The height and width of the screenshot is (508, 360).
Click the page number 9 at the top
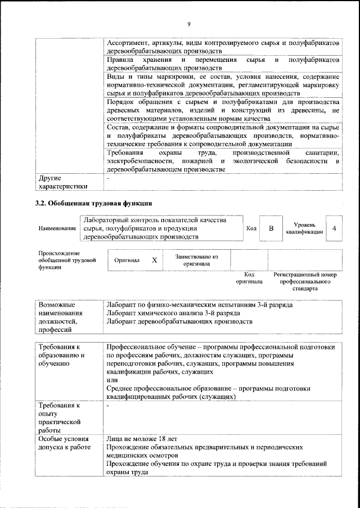[189, 23]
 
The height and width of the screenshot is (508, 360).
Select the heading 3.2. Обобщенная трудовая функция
[93, 203]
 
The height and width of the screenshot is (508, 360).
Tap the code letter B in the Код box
[271, 228]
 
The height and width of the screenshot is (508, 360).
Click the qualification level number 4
[334, 228]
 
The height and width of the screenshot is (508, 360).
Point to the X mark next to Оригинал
[154, 260]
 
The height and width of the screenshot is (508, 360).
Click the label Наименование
[57, 228]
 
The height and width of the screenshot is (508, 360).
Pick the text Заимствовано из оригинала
[196, 260]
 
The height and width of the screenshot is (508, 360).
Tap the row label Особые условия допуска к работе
[64, 443]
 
